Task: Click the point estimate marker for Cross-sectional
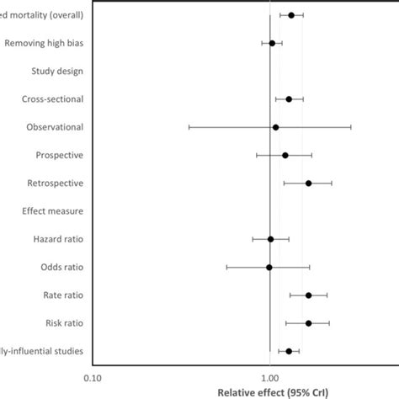289,99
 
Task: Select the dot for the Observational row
275,127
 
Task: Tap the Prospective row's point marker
285,155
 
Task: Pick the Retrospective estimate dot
308,184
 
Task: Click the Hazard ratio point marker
270,239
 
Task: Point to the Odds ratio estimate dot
269,267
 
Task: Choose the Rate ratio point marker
308,295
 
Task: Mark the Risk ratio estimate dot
308,323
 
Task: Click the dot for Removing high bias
272,43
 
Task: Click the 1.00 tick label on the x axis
269,376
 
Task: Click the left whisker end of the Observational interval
189,127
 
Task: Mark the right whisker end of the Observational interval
351,127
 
